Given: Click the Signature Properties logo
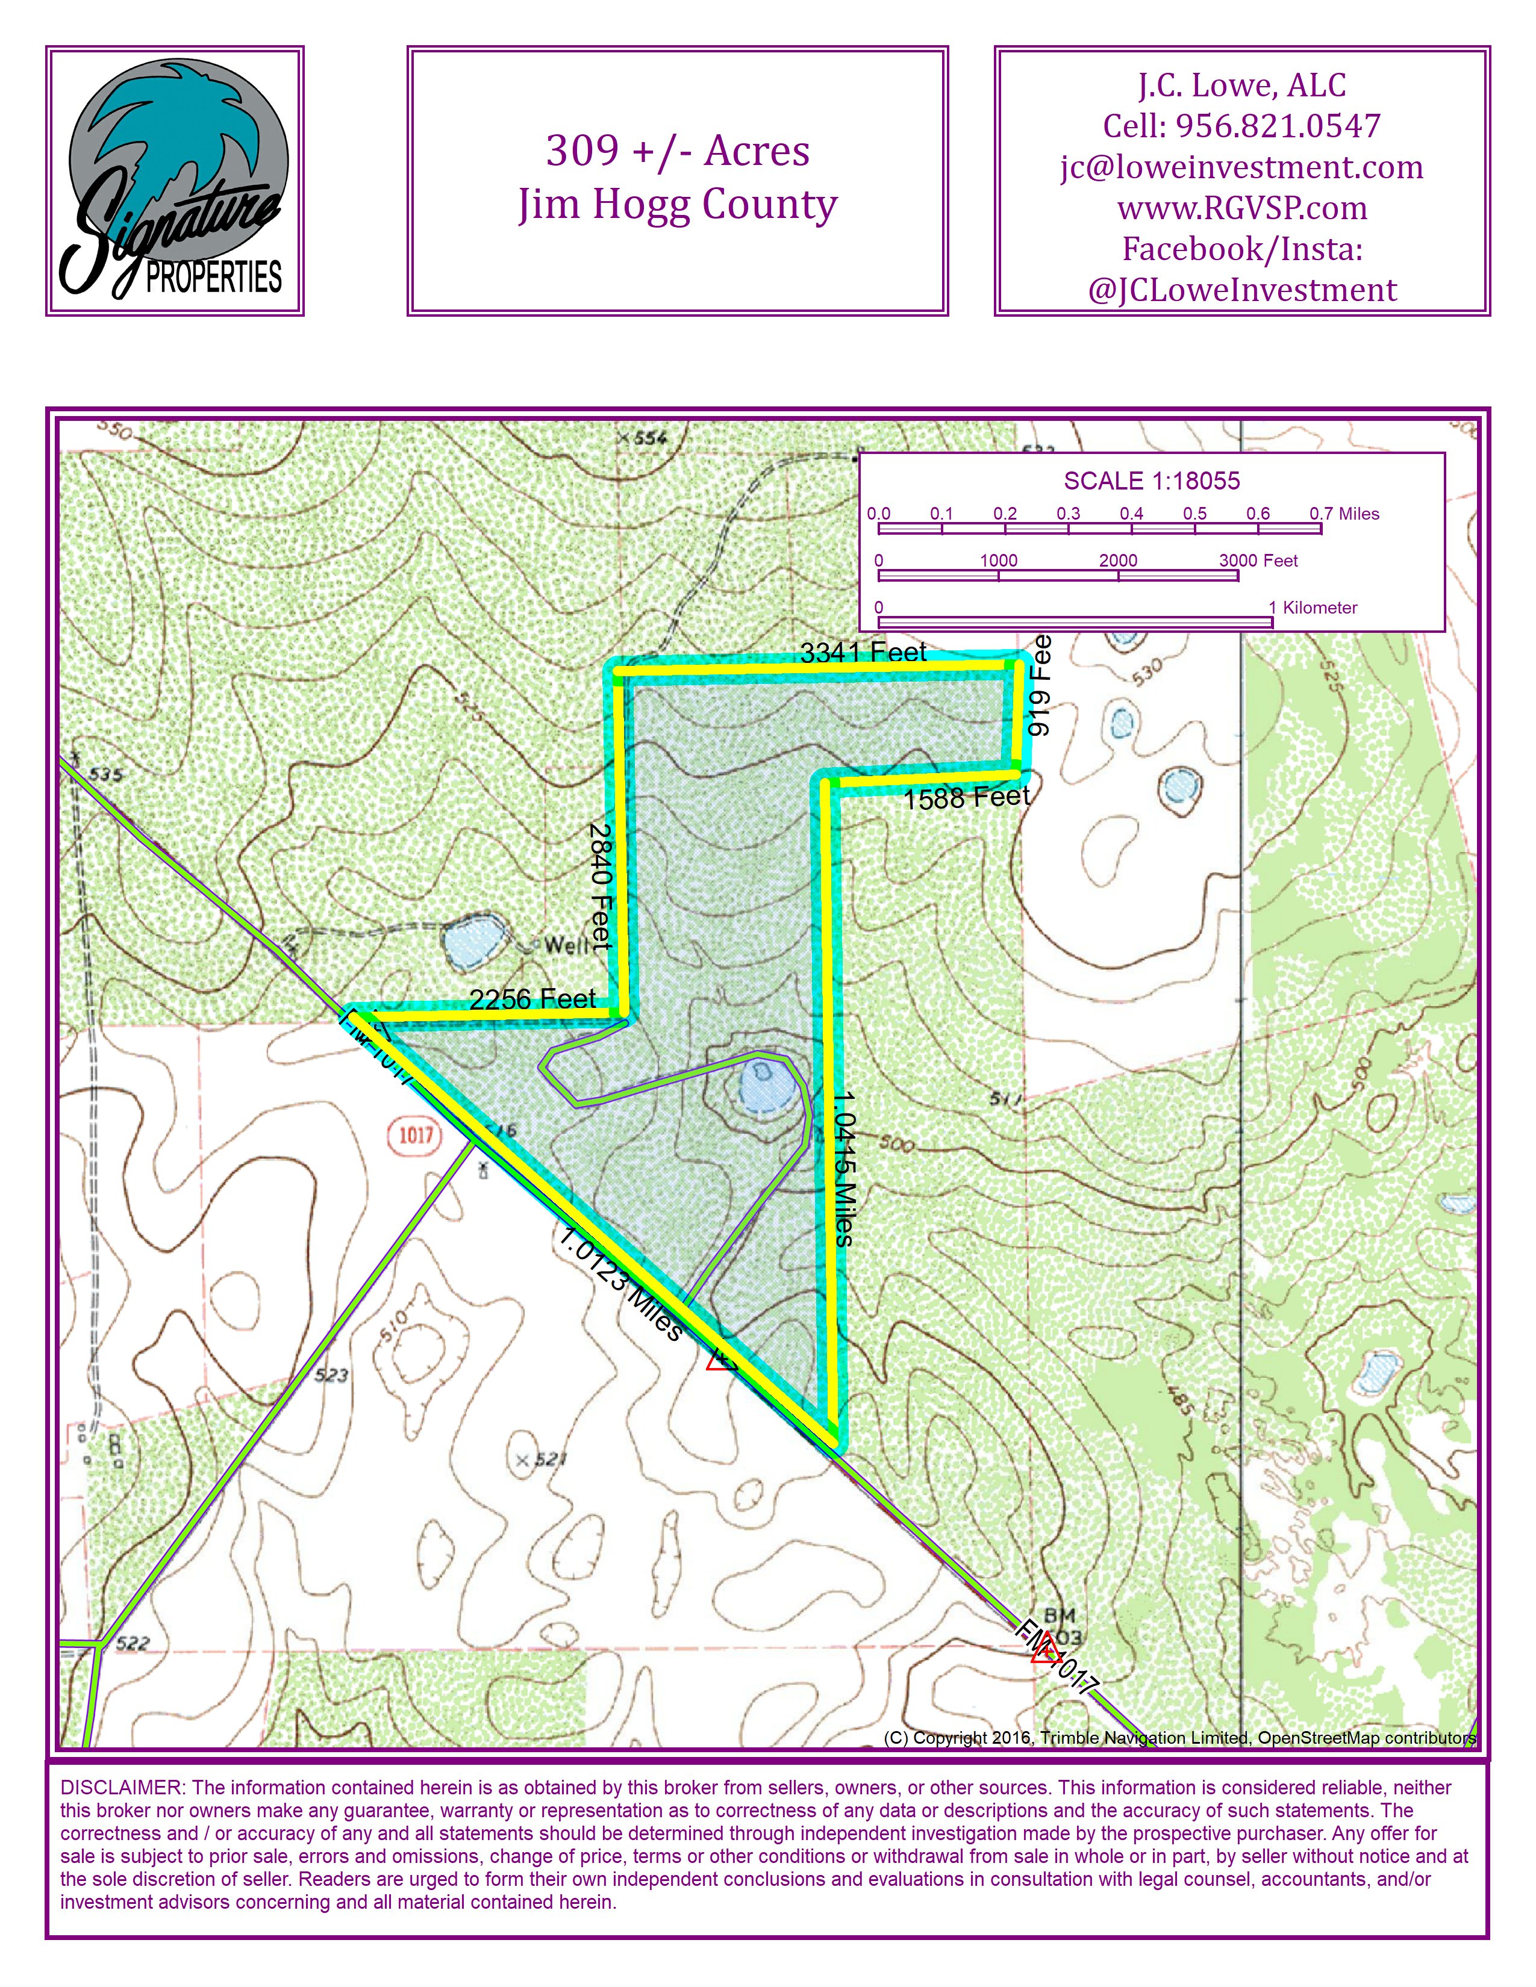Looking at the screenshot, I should (x=175, y=182).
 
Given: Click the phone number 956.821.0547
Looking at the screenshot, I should (x=1278, y=126).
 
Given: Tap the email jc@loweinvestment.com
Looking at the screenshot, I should (x=1241, y=167).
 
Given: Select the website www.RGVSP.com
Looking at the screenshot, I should (x=1241, y=208).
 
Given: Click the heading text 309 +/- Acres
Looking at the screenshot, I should (x=677, y=151).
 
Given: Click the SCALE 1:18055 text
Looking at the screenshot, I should (x=1151, y=481).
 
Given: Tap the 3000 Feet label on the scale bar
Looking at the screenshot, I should (x=1258, y=561).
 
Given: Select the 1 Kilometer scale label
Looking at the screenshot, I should (x=1313, y=608).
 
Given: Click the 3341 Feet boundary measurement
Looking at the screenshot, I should (x=863, y=652).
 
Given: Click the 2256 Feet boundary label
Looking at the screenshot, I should (x=532, y=999).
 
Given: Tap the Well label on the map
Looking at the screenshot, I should (x=566, y=945).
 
